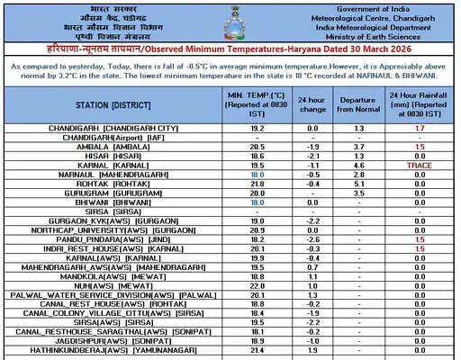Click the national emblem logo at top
click(231, 21)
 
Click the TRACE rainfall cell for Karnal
click(420, 166)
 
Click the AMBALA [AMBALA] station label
click(113, 147)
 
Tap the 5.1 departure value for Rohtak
click(359, 184)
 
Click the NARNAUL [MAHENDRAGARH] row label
click(113, 175)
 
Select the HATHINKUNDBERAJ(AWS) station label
click(113, 349)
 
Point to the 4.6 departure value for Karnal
click(359, 166)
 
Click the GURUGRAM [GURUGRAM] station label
click(113, 193)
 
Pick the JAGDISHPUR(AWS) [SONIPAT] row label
click(113, 340)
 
